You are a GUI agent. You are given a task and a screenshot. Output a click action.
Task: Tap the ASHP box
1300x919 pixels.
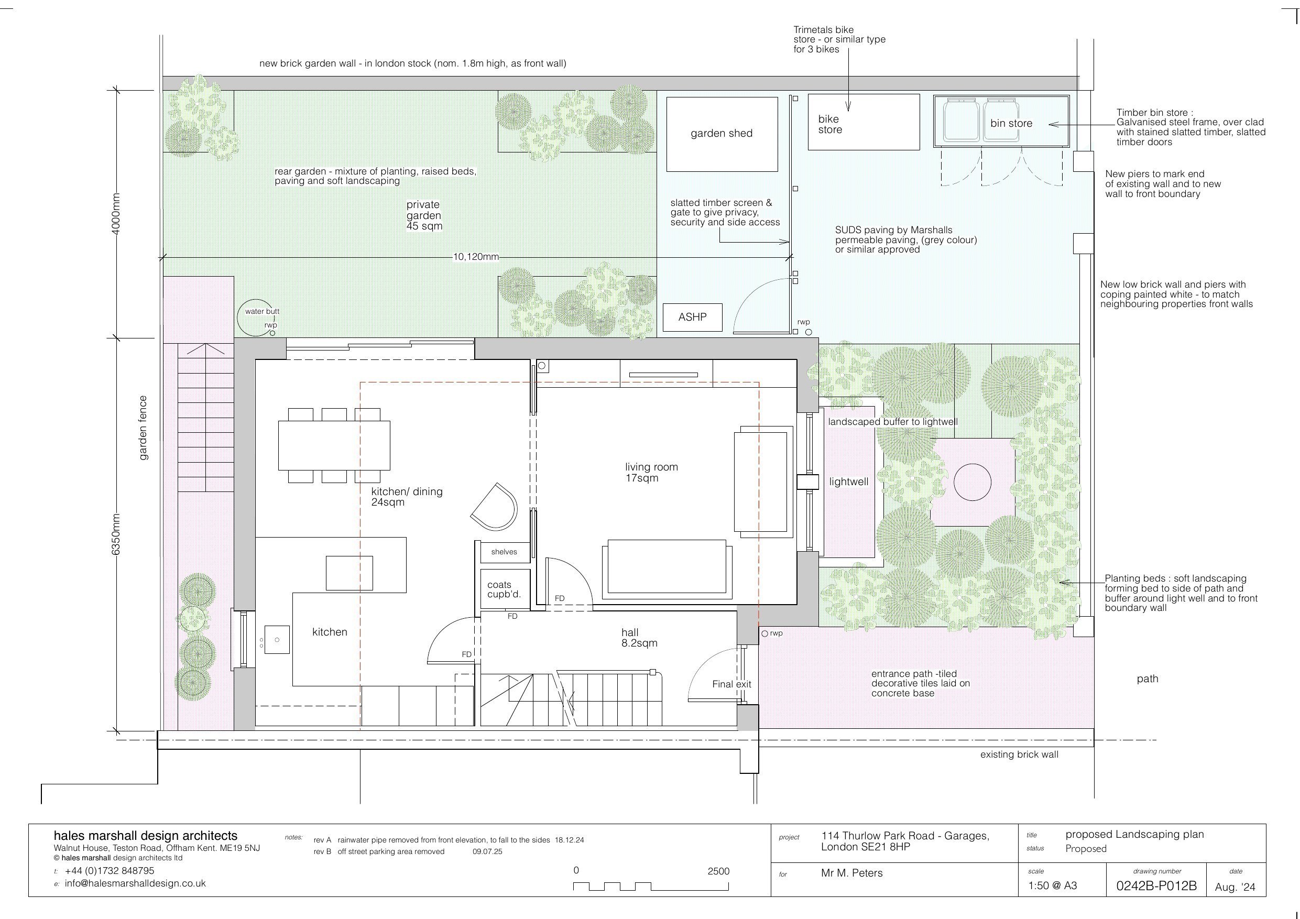(x=693, y=318)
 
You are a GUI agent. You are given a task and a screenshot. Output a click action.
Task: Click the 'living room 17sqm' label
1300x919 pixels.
(x=651, y=472)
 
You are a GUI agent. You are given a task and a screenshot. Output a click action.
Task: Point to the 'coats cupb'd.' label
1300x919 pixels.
(x=504, y=589)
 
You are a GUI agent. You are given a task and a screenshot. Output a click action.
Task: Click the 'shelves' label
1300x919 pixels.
(x=504, y=552)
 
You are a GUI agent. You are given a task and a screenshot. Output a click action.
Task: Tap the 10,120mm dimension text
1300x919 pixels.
(x=476, y=257)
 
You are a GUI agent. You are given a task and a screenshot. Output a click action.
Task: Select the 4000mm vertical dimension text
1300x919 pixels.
(x=115, y=213)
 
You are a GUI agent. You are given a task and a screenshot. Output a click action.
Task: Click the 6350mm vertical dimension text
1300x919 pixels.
(x=115, y=534)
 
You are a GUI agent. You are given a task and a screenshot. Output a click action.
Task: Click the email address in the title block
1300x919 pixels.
(x=135, y=883)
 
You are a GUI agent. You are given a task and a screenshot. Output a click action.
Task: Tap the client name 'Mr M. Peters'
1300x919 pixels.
(x=851, y=873)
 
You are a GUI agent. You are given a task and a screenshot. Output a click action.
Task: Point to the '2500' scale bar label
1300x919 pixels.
(x=718, y=871)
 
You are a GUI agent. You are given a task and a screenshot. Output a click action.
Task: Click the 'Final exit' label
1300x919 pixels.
(x=731, y=685)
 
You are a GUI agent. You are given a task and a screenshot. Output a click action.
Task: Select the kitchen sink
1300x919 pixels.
(x=277, y=640)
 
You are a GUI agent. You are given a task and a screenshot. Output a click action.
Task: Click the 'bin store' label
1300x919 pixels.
(x=1011, y=124)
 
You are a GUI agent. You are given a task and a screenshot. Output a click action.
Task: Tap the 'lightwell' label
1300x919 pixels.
(x=849, y=482)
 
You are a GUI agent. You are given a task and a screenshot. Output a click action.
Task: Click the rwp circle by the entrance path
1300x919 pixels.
(x=764, y=633)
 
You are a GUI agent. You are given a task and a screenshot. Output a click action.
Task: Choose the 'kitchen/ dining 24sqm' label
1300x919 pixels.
(x=407, y=497)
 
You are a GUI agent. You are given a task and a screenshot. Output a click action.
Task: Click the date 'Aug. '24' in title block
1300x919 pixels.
(x=1235, y=887)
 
